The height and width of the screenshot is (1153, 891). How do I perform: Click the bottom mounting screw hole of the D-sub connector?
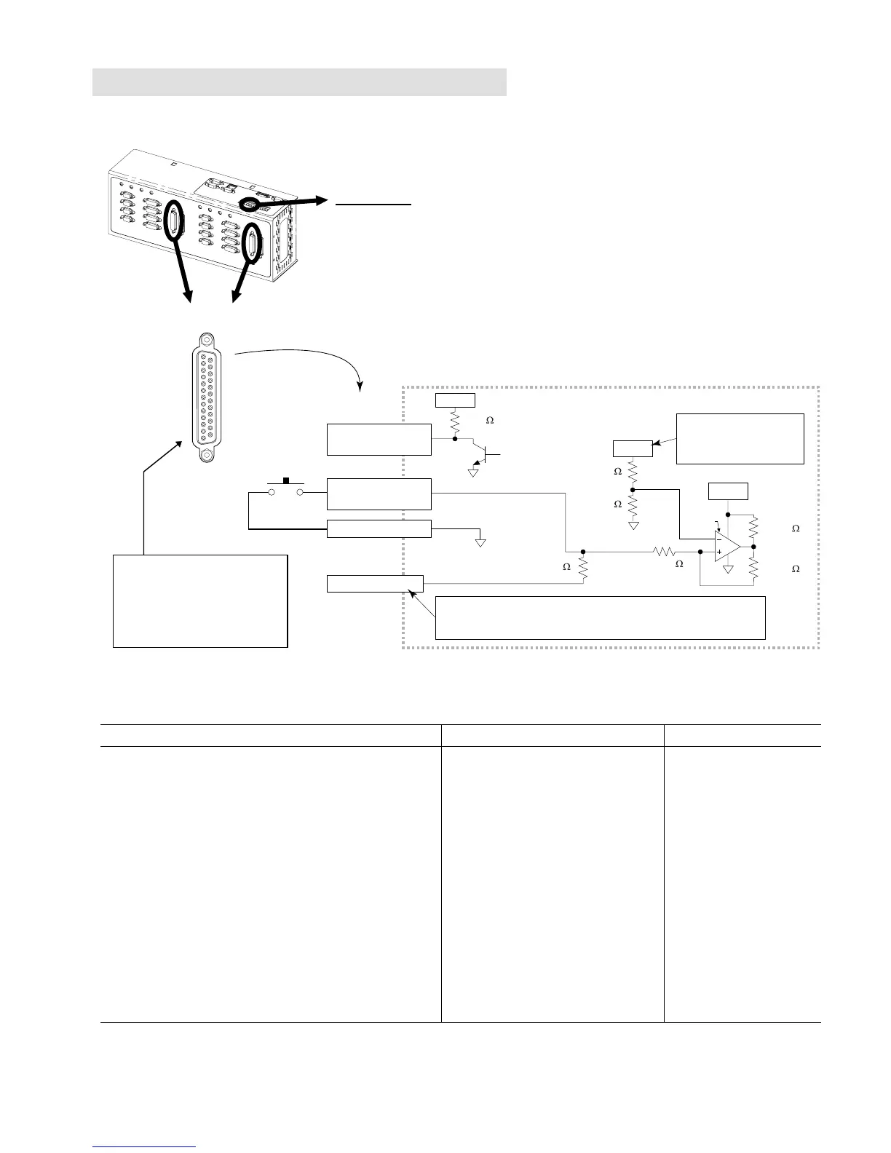pos(207,456)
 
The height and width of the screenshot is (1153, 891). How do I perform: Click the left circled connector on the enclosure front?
pos(175,219)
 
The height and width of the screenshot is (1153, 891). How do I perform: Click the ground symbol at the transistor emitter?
pos(473,472)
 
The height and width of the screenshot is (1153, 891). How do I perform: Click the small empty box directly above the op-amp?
pos(728,491)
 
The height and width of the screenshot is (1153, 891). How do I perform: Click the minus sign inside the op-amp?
pos(719,540)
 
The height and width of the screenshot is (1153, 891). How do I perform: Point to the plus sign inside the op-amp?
pos(719,552)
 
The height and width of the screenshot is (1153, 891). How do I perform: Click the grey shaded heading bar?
pos(299,82)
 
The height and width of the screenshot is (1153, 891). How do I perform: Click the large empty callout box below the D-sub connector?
pos(200,601)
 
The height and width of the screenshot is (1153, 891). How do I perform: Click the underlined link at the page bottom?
pos(145,1147)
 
